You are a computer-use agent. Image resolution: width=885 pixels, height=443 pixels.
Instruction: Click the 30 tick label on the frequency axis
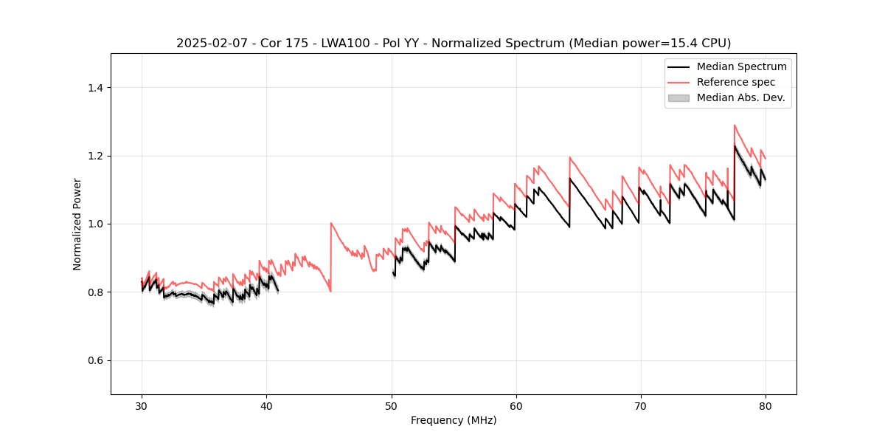click(142, 405)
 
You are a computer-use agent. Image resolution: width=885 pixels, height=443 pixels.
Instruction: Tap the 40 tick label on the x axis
click(266, 405)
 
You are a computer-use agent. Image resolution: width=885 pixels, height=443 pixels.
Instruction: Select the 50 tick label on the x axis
click(391, 405)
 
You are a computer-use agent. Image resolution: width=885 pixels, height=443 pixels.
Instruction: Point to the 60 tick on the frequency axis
click(516, 405)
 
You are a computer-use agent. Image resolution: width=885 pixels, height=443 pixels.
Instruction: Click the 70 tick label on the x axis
click(641, 405)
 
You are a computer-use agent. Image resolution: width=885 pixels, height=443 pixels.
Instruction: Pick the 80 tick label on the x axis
click(766, 405)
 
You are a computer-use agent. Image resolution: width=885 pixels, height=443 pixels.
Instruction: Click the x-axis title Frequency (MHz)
click(454, 420)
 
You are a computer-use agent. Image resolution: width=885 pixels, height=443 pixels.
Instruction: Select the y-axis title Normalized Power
click(77, 224)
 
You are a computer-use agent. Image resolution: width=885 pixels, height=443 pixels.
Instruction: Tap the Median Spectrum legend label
click(741, 66)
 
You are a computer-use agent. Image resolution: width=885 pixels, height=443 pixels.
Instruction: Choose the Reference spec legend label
click(736, 82)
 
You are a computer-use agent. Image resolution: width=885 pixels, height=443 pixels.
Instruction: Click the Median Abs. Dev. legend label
click(741, 97)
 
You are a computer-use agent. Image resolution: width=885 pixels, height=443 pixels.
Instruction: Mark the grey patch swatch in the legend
click(678, 97)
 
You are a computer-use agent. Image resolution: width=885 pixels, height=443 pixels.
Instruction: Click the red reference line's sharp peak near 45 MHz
click(331, 223)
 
